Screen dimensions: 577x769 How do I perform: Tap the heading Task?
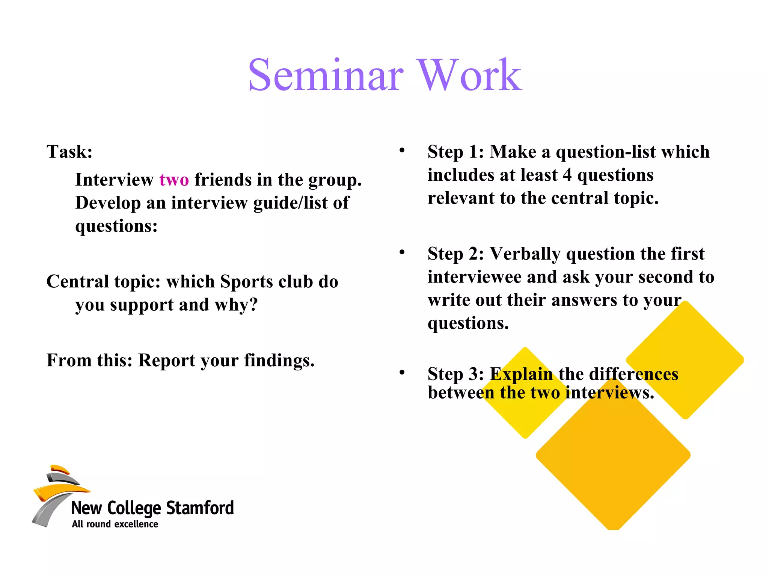(x=69, y=152)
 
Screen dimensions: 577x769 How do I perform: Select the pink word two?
(x=174, y=180)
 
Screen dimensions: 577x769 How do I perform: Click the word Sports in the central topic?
(x=246, y=282)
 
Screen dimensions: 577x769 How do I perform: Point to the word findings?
(x=279, y=361)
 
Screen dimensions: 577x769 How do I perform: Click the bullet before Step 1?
(x=402, y=150)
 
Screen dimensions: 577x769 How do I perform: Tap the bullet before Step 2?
(x=402, y=252)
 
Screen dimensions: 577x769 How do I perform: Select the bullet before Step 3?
(x=402, y=372)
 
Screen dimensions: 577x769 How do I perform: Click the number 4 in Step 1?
(x=567, y=175)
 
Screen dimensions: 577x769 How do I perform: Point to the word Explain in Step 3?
(x=521, y=374)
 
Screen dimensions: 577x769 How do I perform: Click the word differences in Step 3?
(x=633, y=374)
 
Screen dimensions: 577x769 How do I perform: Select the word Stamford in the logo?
(x=200, y=508)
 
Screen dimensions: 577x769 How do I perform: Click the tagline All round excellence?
(x=115, y=524)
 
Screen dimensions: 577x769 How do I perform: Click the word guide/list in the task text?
(x=290, y=203)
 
